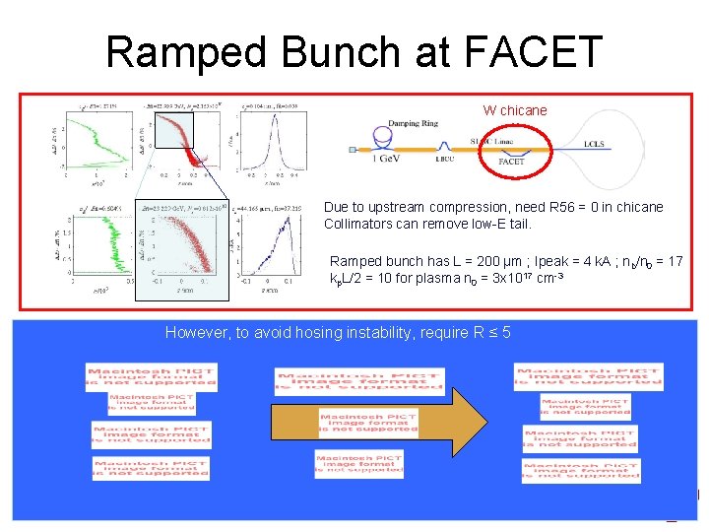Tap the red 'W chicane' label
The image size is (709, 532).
(514, 110)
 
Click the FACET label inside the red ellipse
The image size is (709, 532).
(511, 161)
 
